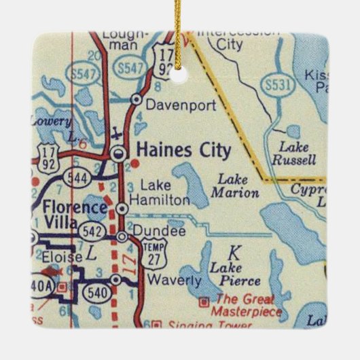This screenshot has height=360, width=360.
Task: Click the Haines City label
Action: pos(183,150)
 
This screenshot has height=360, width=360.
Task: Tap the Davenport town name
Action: pos(172,106)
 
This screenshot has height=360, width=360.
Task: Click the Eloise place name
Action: pos(62,257)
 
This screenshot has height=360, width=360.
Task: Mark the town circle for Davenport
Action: pos(136,99)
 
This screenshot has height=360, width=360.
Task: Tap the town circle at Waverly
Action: pos(116,280)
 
